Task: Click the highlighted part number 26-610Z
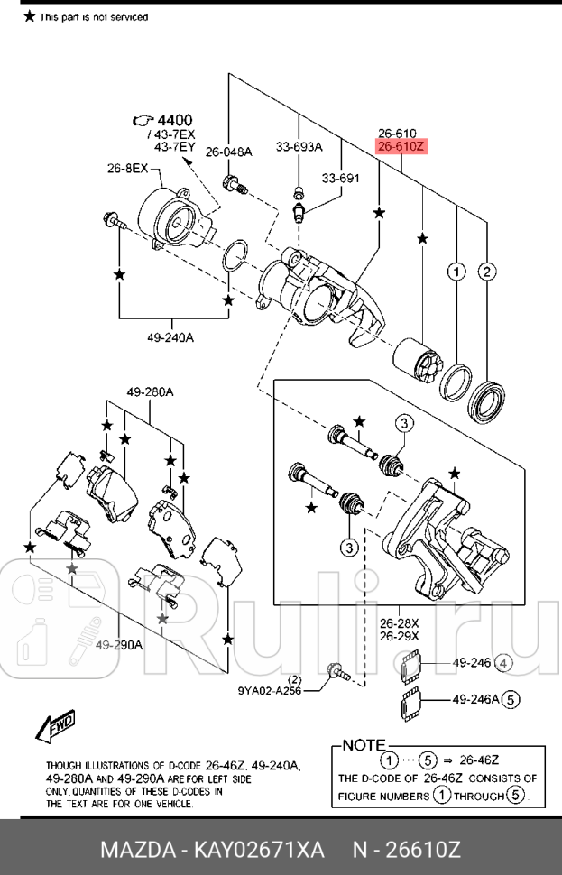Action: (400, 146)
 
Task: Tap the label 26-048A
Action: (229, 152)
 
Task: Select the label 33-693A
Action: (299, 147)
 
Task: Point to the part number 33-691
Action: (341, 178)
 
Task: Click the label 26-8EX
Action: (127, 168)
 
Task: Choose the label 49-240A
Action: (171, 338)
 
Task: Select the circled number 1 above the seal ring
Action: (456, 271)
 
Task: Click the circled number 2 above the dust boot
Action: (487, 271)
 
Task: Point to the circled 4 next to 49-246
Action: (504, 664)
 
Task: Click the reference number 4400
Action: (174, 120)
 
